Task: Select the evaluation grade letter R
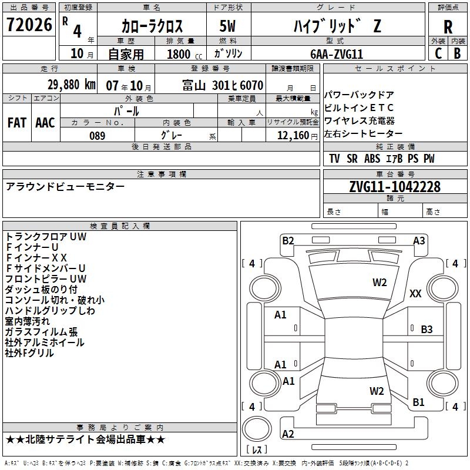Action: [x=448, y=26]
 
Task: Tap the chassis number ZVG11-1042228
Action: [x=394, y=187]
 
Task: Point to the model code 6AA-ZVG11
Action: [x=337, y=53]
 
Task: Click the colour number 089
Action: [x=97, y=136]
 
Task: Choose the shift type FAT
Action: [x=17, y=123]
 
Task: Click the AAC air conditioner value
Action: [x=45, y=123]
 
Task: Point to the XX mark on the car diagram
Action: [x=415, y=294]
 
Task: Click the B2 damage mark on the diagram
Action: [x=288, y=240]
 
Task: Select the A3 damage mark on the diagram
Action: [x=419, y=240]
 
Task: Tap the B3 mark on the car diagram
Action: [x=427, y=330]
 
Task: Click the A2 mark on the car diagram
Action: [x=288, y=434]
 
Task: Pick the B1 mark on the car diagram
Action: [x=418, y=402]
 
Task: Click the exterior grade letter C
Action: [x=438, y=53]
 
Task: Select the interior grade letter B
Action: [x=457, y=53]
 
